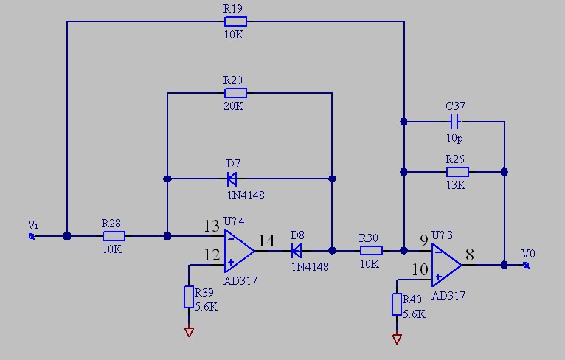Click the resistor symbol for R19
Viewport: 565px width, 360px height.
[x=235, y=21]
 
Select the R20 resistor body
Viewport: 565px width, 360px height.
[x=235, y=93]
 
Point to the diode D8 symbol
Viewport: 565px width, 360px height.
[x=297, y=250]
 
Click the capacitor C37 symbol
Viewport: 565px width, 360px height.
[x=456, y=121]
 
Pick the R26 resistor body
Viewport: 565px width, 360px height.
[x=456, y=171]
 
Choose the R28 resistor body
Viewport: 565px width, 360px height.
[x=114, y=236]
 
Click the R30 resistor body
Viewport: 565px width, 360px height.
[x=370, y=250]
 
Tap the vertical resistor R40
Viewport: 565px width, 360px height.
[x=397, y=304]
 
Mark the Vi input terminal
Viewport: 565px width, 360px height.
[x=31, y=236]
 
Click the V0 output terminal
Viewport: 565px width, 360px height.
[x=526, y=265]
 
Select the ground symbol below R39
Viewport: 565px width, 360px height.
[x=189, y=332]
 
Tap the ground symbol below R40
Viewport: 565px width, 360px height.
[x=397, y=339]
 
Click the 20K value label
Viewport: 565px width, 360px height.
[x=234, y=106]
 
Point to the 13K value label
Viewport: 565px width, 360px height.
[x=455, y=185]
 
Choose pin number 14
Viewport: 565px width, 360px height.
[x=267, y=240]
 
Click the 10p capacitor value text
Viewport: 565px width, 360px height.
[x=455, y=137]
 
